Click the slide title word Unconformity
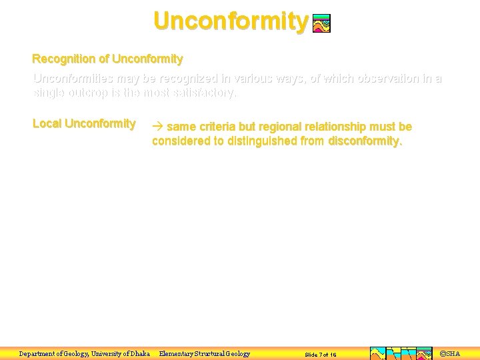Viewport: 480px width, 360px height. pyautogui.click(x=231, y=21)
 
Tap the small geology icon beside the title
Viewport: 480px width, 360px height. pyautogui.click(x=321, y=24)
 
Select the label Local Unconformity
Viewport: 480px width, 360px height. pyautogui.click(x=84, y=124)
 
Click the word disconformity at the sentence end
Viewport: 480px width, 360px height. pyautogui.click(x=365, y=141)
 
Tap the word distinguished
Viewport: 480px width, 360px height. pyautogui.click(x=263, y=141)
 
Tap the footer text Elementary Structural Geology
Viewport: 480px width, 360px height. pyautogui.click(x=205, y=354)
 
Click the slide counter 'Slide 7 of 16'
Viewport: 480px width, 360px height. pyautogui.click(x=321, y=355)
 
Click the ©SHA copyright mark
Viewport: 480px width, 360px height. pyautogui.click(x=451, y=353)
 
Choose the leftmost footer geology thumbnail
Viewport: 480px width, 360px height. pyautogui.click(x=377, y=353)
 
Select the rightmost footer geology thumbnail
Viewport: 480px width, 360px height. pyautogui.click(x=425, y=353)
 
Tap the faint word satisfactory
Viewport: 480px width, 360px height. pyautogui.click(x=198, y=93)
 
